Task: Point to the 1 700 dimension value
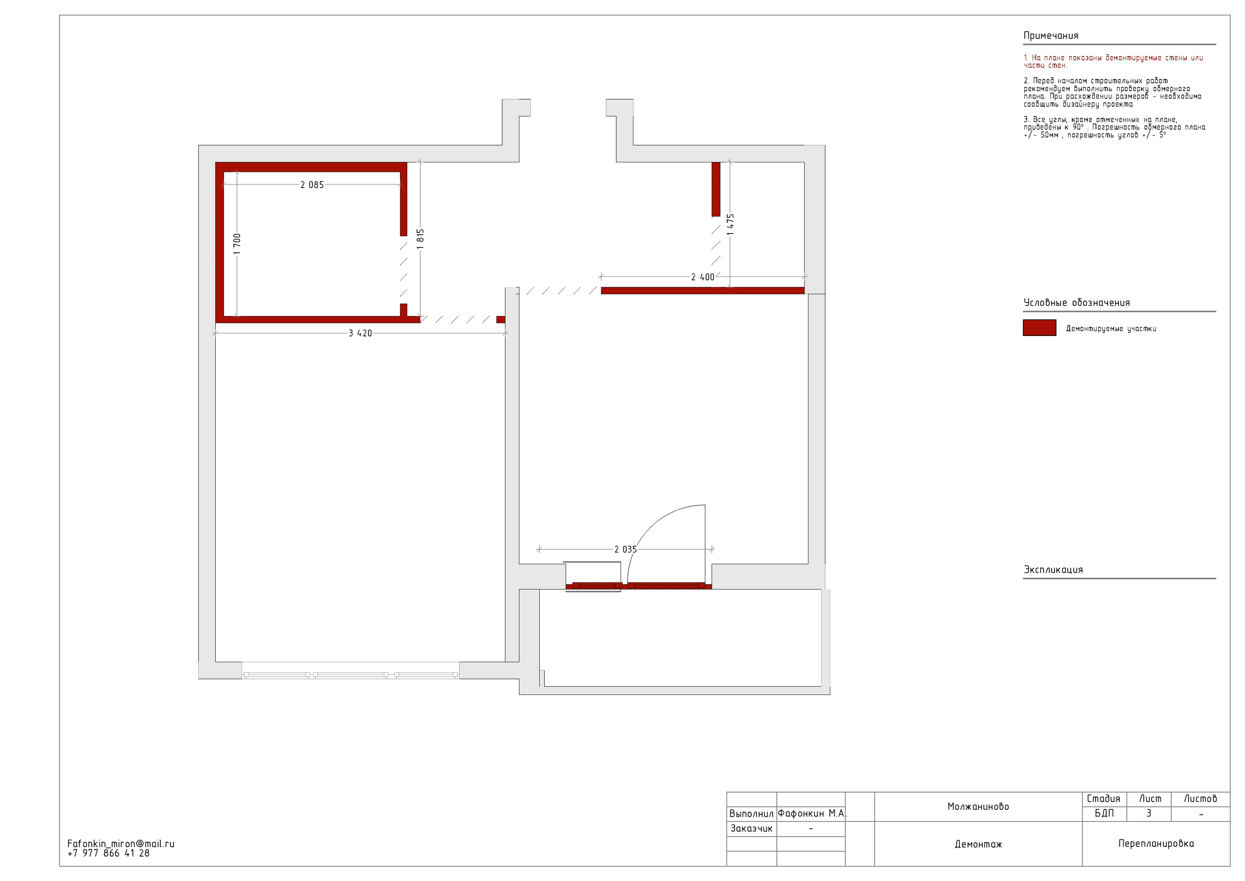pyautogui.click(x=237, y=244)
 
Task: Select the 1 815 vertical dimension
pyautogui.click(x=420, y=239)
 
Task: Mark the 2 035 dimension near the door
pyautogui.click(x=626, y=550)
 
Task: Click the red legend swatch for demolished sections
pyautogui.click(x=1040, y=328)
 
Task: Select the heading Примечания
pyautogui.click(x=1051, y=36)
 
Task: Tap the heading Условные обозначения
pyautogui.click(x=1077, y=303)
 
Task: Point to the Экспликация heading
pyautogui.click(x=1053, y=570)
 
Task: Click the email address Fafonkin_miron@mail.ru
pyautogui.click(x=121, y=844)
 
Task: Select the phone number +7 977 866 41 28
pyautogui.click(x=109, y=853)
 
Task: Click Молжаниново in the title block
pyautogui.click(x=978, y=807)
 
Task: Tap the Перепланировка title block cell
pyautogui.click(x=1156, y=844)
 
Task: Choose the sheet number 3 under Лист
pyautogui.click(x=1149, y=813)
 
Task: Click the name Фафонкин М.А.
pyautogui.click(x=812, y=813)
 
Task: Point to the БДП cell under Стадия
pyautogui.click(x=1104, y=813)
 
